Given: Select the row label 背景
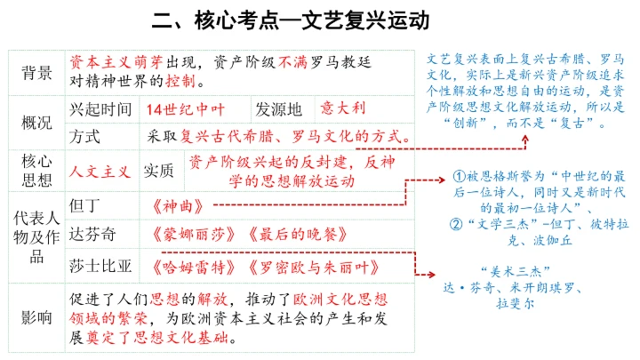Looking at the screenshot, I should (x=36, y=74).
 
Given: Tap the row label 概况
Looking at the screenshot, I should (x=36, y=123).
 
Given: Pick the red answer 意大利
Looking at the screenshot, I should (x=342, y=108).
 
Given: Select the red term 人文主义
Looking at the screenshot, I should (x=100, y=172).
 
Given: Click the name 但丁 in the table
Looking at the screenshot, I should (x=85, y=205).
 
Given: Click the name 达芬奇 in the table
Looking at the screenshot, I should (x=92, y=235).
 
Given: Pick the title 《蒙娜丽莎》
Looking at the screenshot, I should (x=188, y=236).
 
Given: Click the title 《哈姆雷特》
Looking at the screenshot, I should (x=188, y=265).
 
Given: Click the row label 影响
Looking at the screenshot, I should (x=36, y=316).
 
